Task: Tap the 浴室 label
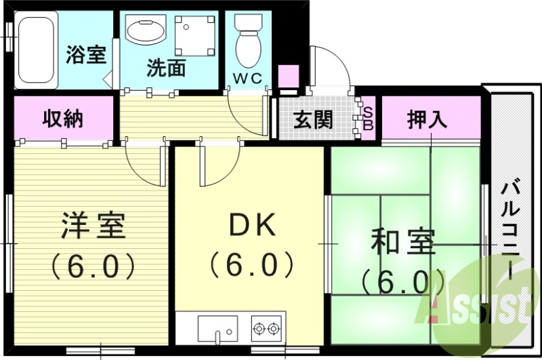(86, 54)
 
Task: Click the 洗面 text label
(167, 68)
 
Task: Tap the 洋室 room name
(93, 226)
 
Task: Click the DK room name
(251, 226)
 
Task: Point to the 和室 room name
(403, 243)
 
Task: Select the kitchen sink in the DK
(217, 329)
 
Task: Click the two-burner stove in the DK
(266, 329)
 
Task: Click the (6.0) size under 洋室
(93, 266)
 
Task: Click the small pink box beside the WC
(289, 75)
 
